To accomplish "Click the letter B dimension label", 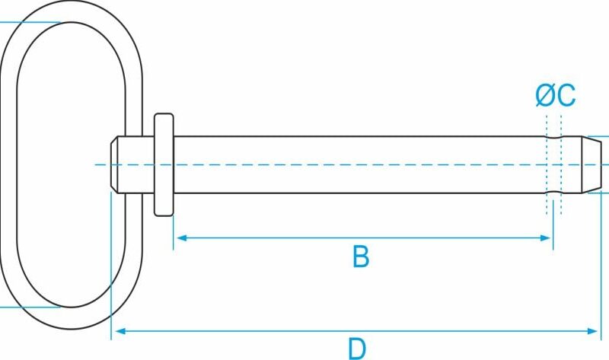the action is [x=361, y=256].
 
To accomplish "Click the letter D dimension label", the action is [x=357, y=349].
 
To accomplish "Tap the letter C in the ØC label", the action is [x=566, y=95].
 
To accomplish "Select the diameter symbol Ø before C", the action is [x=546, y=95].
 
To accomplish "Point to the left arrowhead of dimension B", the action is [x=181, y=237].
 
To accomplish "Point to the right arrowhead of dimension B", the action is [x=546, y=237].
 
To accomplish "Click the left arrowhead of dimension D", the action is [x=120, y=331].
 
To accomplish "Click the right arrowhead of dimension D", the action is [x=593, y=331].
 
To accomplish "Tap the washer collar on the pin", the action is [x=164, y=164].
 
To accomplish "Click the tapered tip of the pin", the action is [x=591, y=164].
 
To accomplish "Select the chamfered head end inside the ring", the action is [x=114, y=164].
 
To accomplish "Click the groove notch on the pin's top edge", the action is [x=554, y=138].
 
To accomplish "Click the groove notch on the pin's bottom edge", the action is [x=554, y=192].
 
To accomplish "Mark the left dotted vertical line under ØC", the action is [x=547, y=164].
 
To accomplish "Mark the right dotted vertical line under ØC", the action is [x=561, y=164].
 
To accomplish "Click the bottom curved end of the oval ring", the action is [x=72, y=318].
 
